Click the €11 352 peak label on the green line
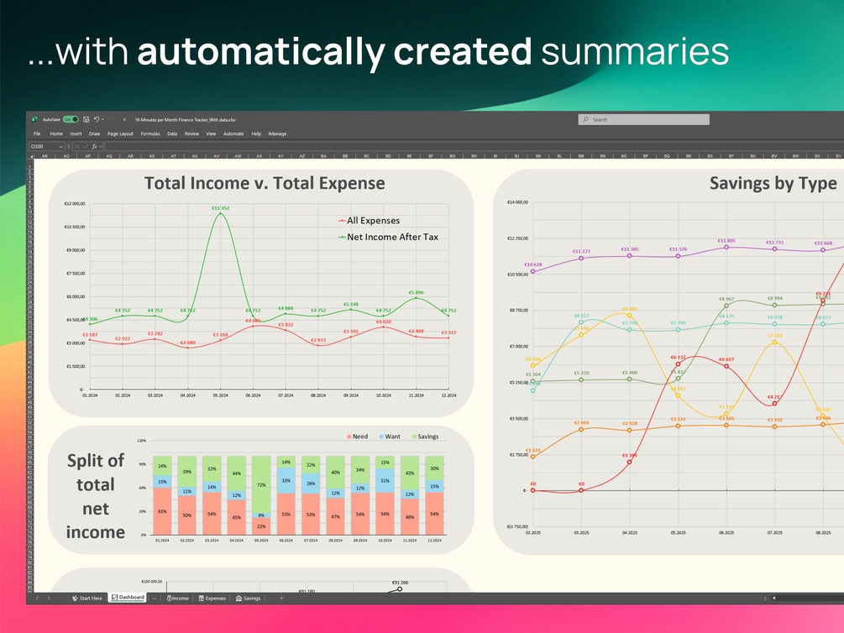tap(220, 207)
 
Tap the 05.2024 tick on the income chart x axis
tap(220, 395)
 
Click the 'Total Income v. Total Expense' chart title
tap(265, 183)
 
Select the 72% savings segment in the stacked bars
tap(261, 485)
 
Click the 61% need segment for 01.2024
tap(162, 511)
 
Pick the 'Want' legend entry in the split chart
tap(392, 437)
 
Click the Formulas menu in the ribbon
tap(150, 133)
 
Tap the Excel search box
tap(643, 120)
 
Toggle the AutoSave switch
tap(71, 120)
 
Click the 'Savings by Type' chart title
tap(773, 183)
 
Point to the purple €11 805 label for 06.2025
tap(726, 241)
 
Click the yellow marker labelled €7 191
tap(774, 342)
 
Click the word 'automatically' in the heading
tap(261, 51)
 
